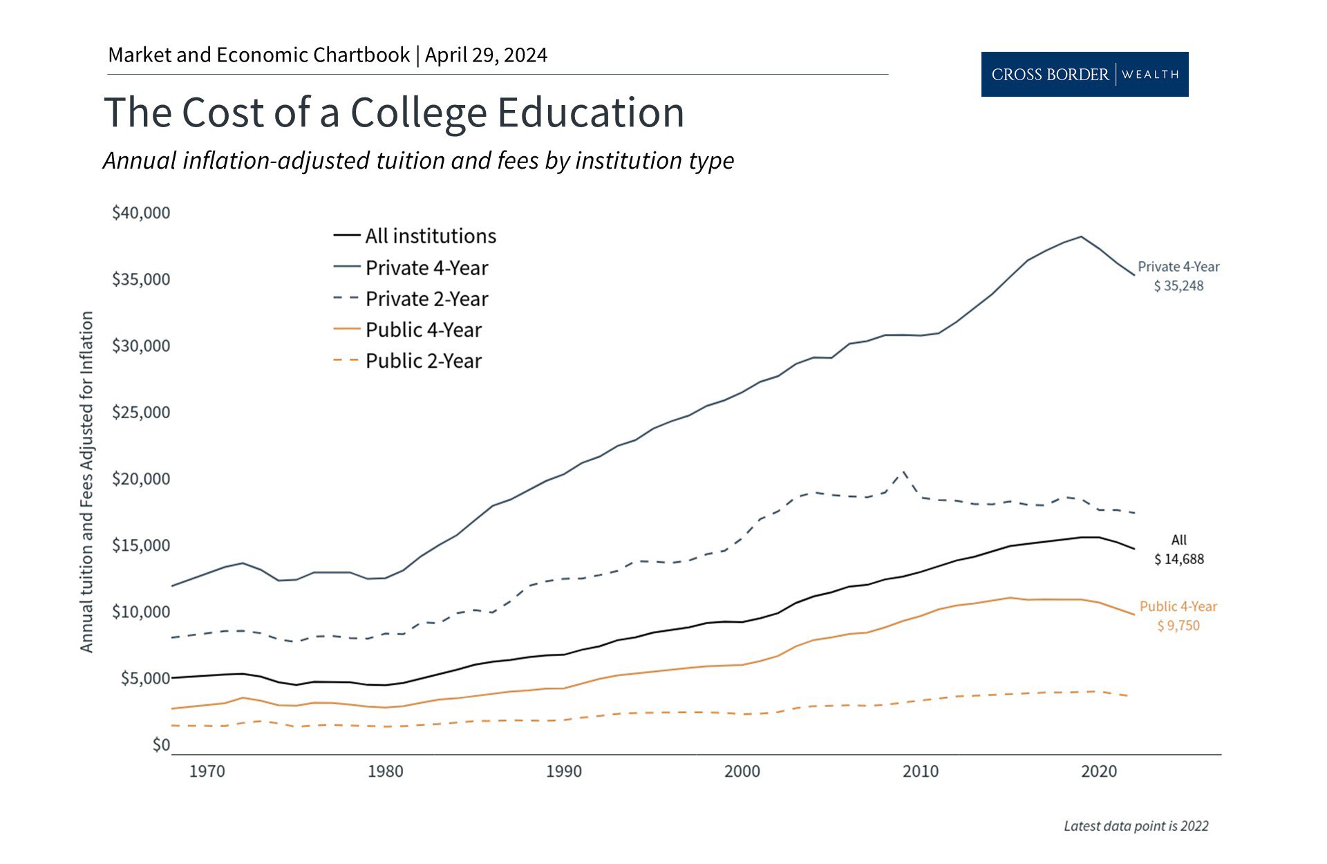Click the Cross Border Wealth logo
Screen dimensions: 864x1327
pos(1084,74)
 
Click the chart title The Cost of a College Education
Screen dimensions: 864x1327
pos(394,112)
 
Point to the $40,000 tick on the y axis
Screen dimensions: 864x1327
pos(141,213)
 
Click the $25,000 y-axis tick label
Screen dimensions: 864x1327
pos(141,413)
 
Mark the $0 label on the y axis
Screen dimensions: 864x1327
pos(160,745)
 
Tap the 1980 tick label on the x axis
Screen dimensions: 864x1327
pos(385,771)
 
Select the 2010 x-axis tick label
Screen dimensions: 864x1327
pos(920,771)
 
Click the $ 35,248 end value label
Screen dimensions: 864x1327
pos(1178,286)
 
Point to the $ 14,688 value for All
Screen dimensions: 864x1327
pos(1178,559)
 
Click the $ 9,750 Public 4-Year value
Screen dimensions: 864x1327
pos(1178,626)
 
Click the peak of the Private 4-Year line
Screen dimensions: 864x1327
pos(1081,236)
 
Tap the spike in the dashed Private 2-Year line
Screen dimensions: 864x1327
pos(903,473)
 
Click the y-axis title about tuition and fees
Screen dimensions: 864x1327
pos(86,482)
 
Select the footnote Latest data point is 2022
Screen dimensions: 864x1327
pos(1136,826)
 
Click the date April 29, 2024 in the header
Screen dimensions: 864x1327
pos(486,55)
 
